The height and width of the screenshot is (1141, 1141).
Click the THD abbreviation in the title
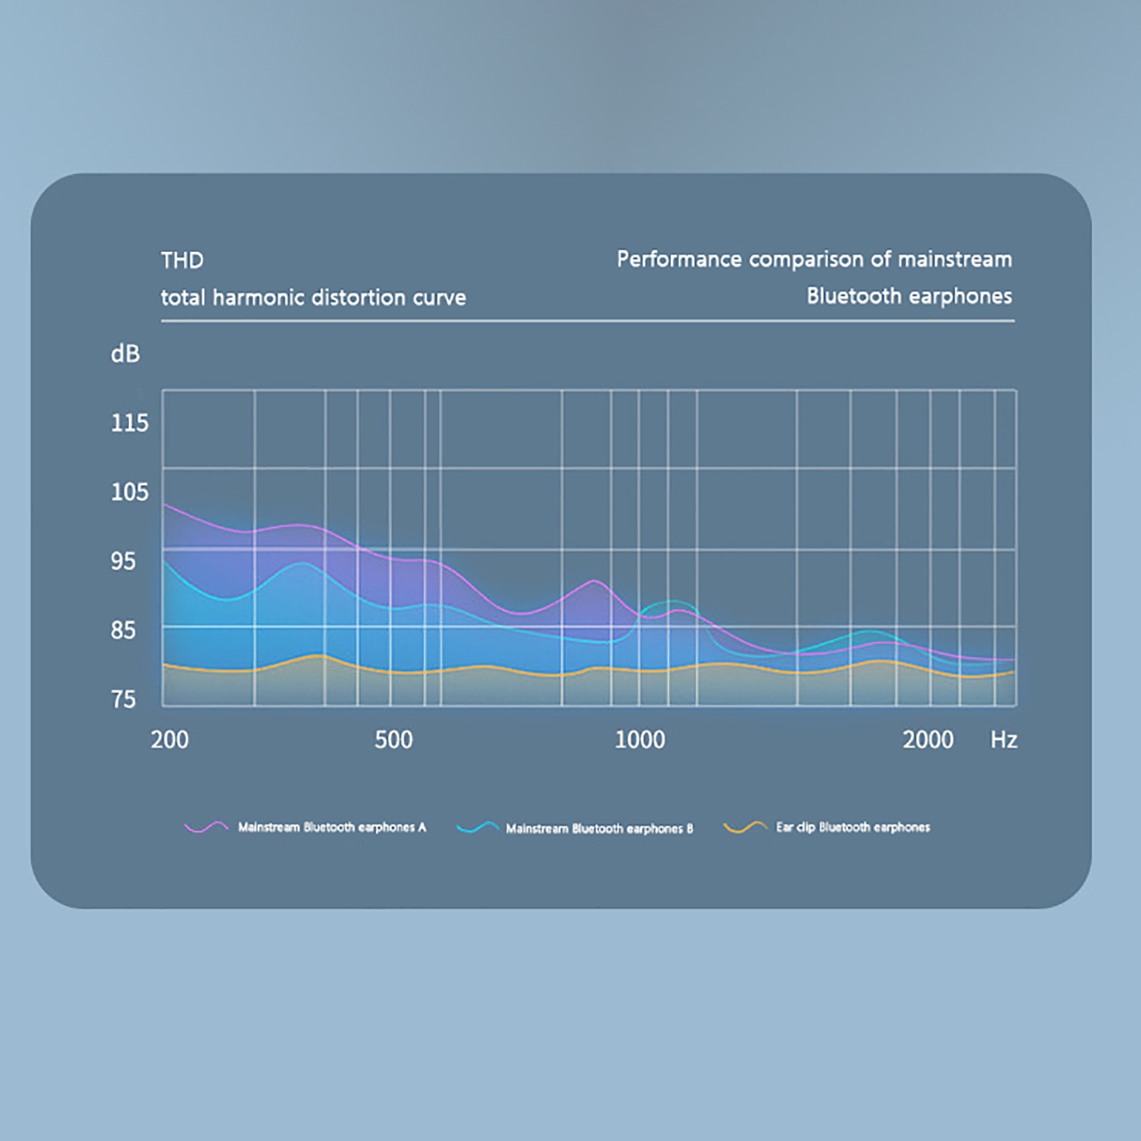pyautogui.click(x=182, y=260)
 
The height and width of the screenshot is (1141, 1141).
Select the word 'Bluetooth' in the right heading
pyautogui.click(x=854, y=296)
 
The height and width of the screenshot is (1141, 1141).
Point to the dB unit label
pyautogui.click(x=125, y=354)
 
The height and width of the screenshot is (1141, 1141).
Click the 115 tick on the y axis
pyautogui.click(x=129, y=423)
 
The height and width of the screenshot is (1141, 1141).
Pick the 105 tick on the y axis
pyautogui.click(x=129, y=492)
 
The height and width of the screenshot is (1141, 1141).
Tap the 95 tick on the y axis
pyautogui.click(x=123, y=561)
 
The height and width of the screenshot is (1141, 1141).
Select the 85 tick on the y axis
pyautogui.click(x=123, y=630)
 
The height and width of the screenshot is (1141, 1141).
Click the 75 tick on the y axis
pyautogui.click(x=123, y=700)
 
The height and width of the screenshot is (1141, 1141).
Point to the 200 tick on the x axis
pyautogui.click(x=170, y=740)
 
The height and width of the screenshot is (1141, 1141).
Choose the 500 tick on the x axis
pyautogui.click(x=394, y=740)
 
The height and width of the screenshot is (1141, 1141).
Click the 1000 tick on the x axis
pyautogui.click(x=640, y=740)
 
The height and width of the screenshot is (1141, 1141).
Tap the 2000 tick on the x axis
pyautogui.click(x=928, y=740)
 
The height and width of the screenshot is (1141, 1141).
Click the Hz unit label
pyautogui.click(x=1003, y=740)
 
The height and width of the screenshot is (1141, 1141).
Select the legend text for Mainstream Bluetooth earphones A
pyautogui.click(x=332, y=827)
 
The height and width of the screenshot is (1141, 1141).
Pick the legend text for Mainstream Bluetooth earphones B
pyautogui.click(x=599, y=829)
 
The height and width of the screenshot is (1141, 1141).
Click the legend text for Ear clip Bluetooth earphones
pyautogui.click(x=853, y=827)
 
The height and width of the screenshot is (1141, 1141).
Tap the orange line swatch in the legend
pyautogui.click(x=745, y=827)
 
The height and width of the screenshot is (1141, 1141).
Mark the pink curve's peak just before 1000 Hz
pyautogui.click(x=593, y=581)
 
